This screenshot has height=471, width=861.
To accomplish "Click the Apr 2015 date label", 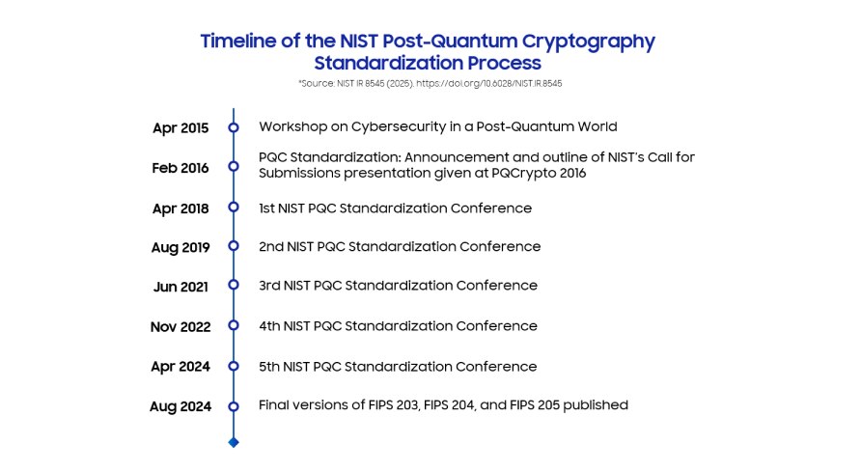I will point(181,127).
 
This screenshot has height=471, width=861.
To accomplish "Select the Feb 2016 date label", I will point(181,168).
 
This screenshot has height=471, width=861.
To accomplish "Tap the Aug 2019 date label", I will point(181,247).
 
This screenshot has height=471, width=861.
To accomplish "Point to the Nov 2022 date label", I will point(181,327).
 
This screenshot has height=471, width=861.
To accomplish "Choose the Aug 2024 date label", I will point(181,406).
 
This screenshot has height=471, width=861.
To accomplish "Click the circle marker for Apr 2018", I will point(233,208).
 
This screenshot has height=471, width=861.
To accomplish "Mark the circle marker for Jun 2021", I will point(233,286).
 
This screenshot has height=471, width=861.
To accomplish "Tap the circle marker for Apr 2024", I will point(233,367).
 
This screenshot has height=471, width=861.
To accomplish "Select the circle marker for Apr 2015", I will point(233,127).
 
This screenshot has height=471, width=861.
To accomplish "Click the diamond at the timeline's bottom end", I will point(233,442).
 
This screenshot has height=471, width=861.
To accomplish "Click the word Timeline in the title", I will point(237,42).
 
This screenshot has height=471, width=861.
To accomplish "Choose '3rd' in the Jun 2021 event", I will point(270,286).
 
